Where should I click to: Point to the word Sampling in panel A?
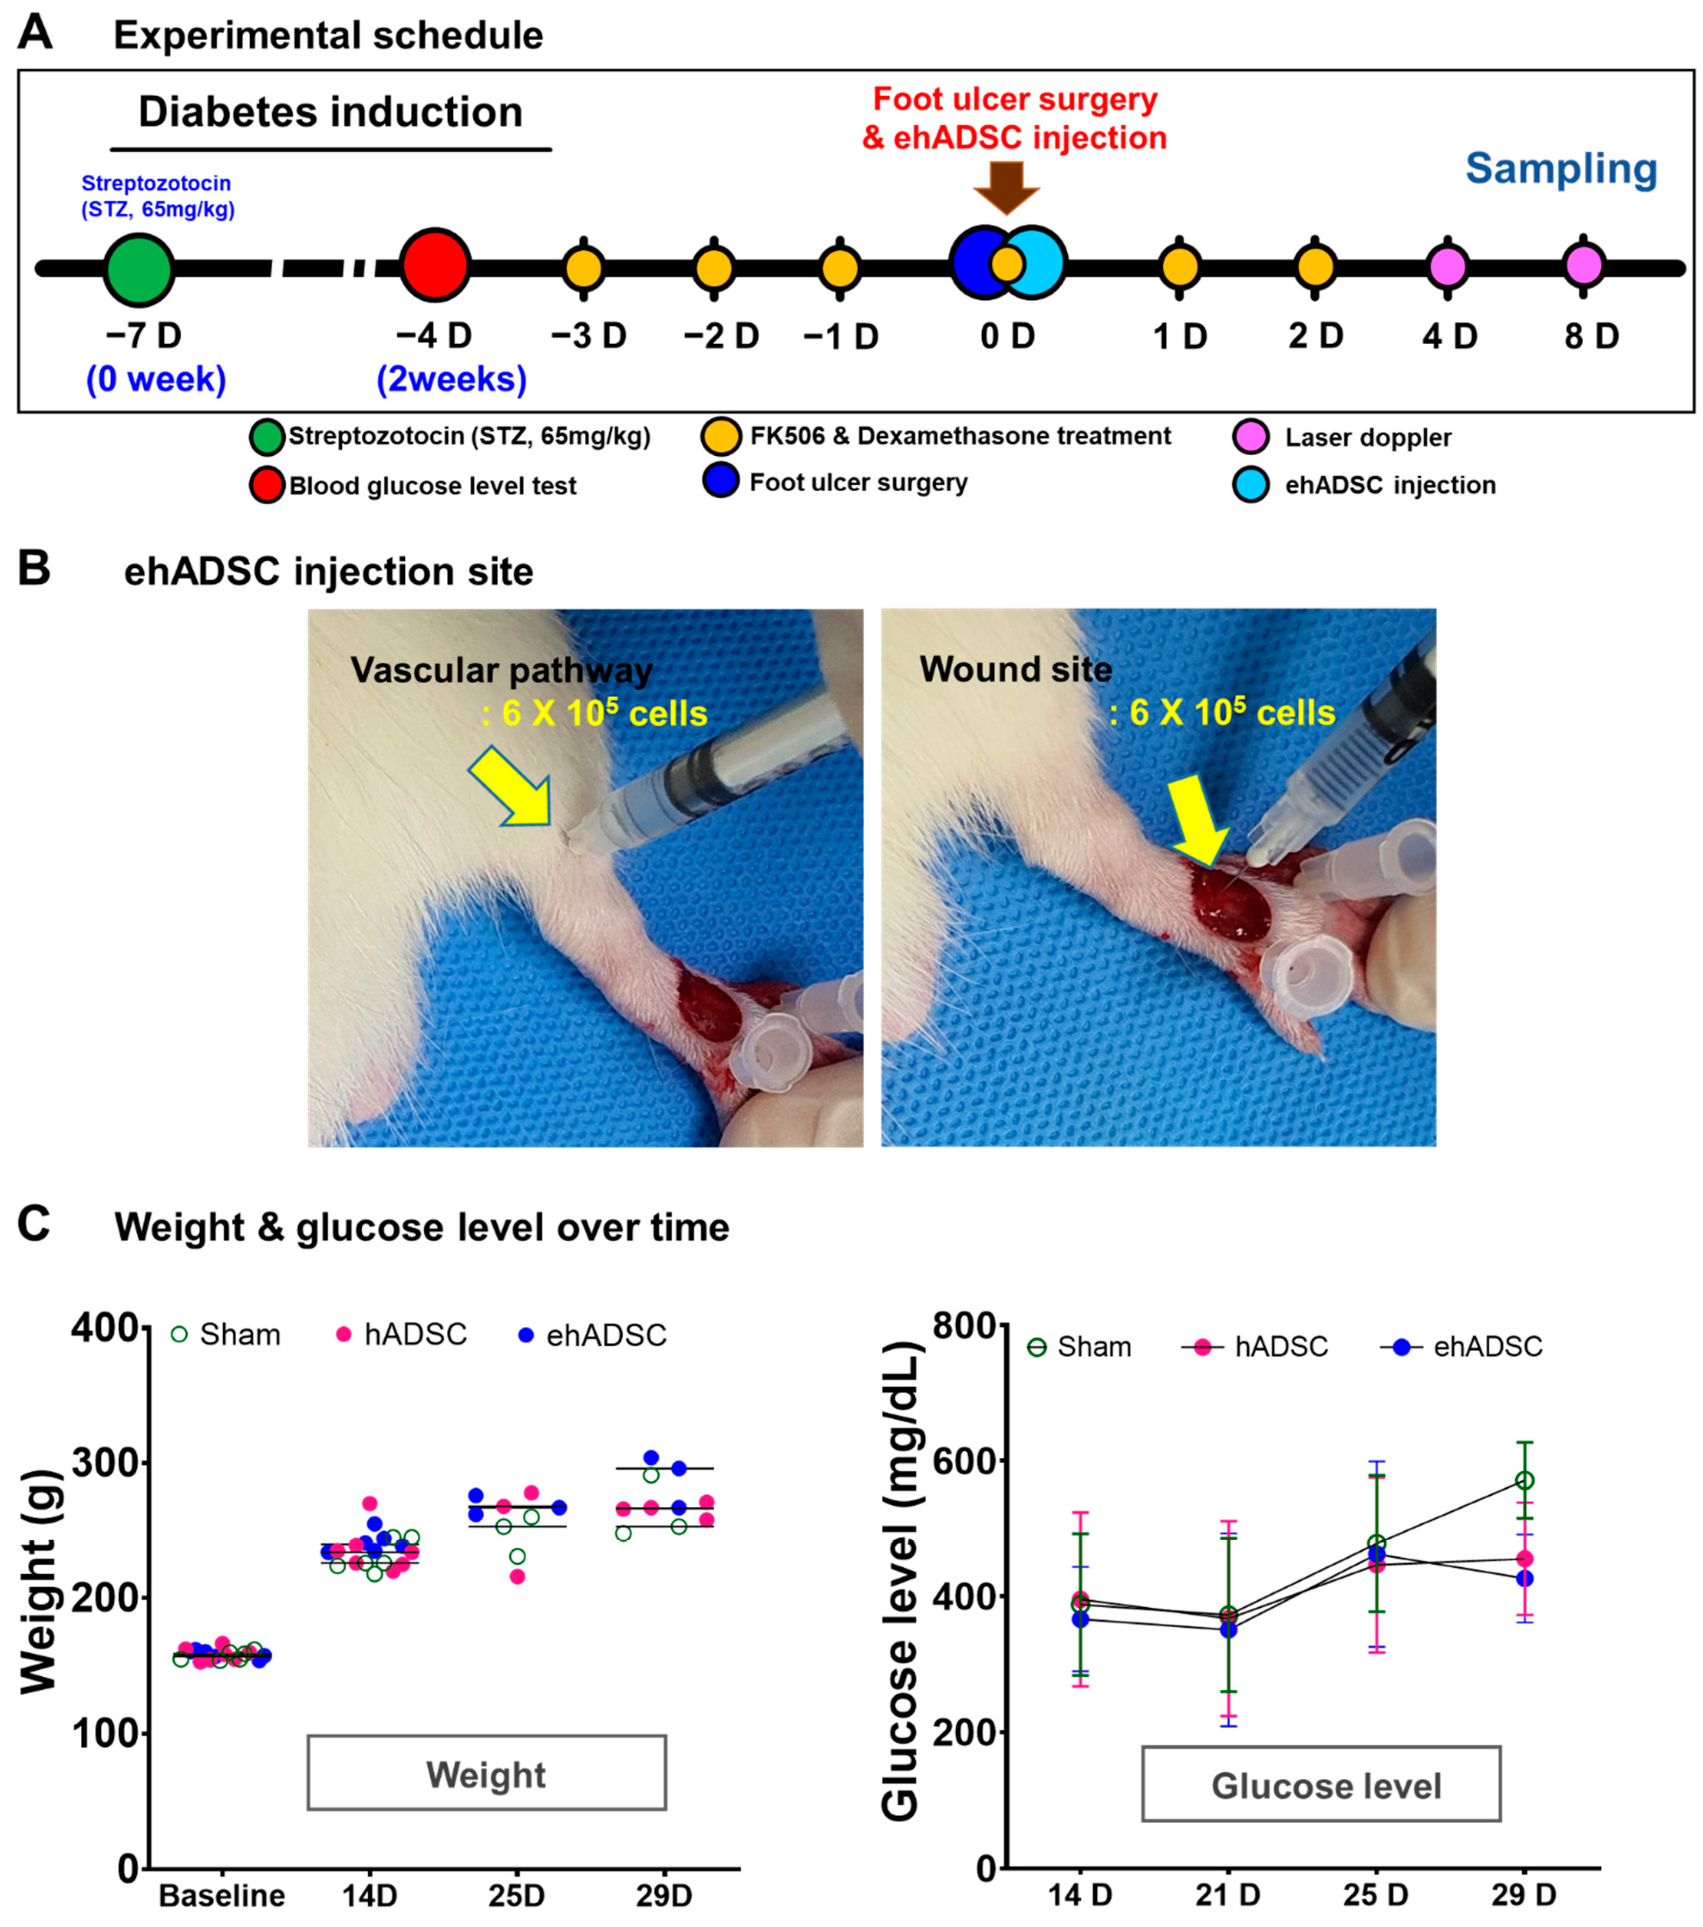(x=1561, y=169)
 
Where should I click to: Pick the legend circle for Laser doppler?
(x=1251, y=436)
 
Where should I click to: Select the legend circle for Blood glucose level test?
(x=267, y=486)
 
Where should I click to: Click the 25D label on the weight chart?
(x=516, y=1895)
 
